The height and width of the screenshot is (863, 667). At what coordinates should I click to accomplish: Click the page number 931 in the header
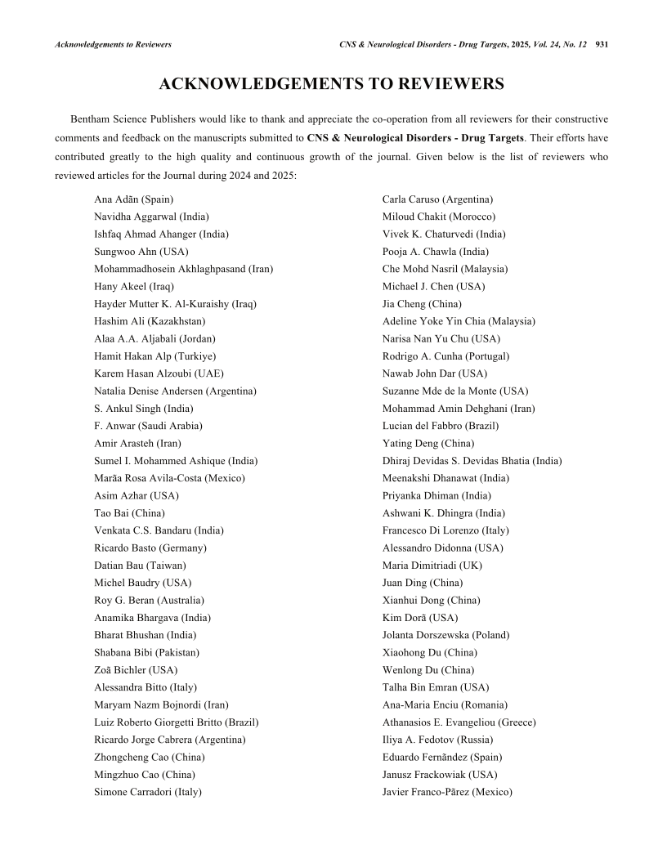[x=602, y=44]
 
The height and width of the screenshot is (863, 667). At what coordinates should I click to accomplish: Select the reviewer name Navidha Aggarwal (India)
[x=151, y=217]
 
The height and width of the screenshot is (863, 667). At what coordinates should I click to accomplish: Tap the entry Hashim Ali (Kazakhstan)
[x=150, y=321]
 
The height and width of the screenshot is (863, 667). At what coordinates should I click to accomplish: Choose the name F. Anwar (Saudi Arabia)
[x=148, y=426]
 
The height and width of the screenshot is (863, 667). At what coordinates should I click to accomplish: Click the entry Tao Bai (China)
[x=129, y=513]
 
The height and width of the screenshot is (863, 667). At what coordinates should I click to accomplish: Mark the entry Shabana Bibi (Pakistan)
[x=146, y=652]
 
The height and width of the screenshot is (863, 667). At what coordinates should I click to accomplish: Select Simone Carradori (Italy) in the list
[x=148, y=792]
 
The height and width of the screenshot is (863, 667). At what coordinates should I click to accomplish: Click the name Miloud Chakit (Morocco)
[x=438, y=217]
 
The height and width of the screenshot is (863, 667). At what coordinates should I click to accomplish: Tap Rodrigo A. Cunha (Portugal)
[x=445, y=356]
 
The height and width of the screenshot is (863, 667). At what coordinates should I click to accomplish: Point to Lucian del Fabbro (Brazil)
[x=440, y=426]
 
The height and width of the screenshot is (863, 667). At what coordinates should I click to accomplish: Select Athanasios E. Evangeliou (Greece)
[x=459, y=722]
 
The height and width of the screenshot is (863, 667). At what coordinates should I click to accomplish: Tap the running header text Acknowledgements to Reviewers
[x=113, y=44]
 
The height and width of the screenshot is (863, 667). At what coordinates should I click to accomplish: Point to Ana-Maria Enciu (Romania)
[x=445, y=704]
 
